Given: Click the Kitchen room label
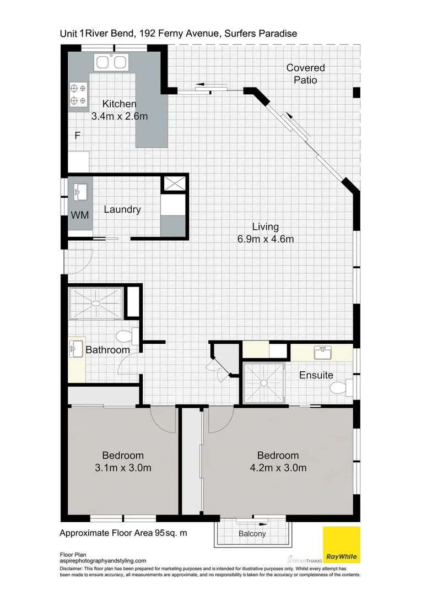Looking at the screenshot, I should click(x=120, y=104).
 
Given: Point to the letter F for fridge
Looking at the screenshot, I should click(x=78, y=136).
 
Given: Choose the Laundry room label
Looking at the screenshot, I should click(x=122, y=209).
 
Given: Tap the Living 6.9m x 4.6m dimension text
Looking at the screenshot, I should click(x=266, y=239).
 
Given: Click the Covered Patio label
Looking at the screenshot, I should click(x=305, y=74).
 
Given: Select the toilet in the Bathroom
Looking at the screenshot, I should click(x=125, y=336).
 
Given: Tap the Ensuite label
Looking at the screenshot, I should click(x=316, y=375).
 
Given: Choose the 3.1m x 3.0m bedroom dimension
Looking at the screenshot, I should click(x=123, y=468).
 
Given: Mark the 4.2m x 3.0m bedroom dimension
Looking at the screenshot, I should click(x=278, y=468).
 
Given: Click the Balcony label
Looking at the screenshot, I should click(x=252, y=534).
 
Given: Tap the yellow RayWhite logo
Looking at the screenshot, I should click(x=341, y=545).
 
